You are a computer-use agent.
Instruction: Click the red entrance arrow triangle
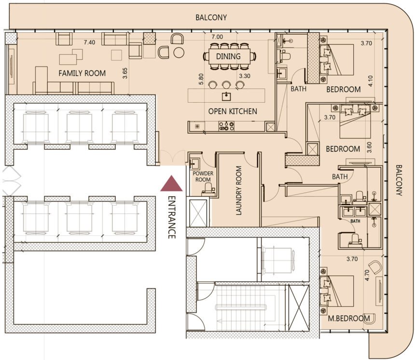pyautogui.click(x=171, y=184)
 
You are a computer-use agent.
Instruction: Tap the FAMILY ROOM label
pyautogui.click(x=82, y=73)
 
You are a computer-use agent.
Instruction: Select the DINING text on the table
pyautogui.click(x=228, y=56)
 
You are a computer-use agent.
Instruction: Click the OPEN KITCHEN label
pyautogui.click(x=233, y=111)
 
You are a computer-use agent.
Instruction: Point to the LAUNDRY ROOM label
pyautogui.click(x=239, y=190)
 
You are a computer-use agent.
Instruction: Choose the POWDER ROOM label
pyautogui.click(x=203, y=176)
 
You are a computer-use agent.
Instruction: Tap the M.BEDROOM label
pyautogui.click(x=349, y=318)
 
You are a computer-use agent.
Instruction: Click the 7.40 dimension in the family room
pyautogui.click(x=89, y=42)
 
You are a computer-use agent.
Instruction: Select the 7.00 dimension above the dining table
pyautogui.click(x=217, y=37)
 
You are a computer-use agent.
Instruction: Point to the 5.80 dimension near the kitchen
pyautogui.click(x=201, y=79)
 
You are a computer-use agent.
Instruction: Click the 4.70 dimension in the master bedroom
pyautogui.click(x=367, y=275)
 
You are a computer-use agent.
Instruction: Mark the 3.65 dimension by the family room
pyautogui.click(x=125, y=73)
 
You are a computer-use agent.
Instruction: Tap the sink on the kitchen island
pyautogui.click(x=226, y=96)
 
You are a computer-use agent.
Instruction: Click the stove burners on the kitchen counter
pyautogui.click(x=226, y=126)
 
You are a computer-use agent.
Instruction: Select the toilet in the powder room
pyautogui.click(x=209, y=189)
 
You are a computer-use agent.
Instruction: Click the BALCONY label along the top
pyautogui.click(x=211, y=17)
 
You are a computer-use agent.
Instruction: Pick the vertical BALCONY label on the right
pyautogui.click(x=399, y=180)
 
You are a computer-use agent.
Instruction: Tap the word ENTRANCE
pyautogui.click(x=172, y=217)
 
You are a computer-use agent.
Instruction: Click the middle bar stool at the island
pyautogui.click(x=226, y=85)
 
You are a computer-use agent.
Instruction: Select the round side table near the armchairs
pyautogui.click(x=179, y=53)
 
